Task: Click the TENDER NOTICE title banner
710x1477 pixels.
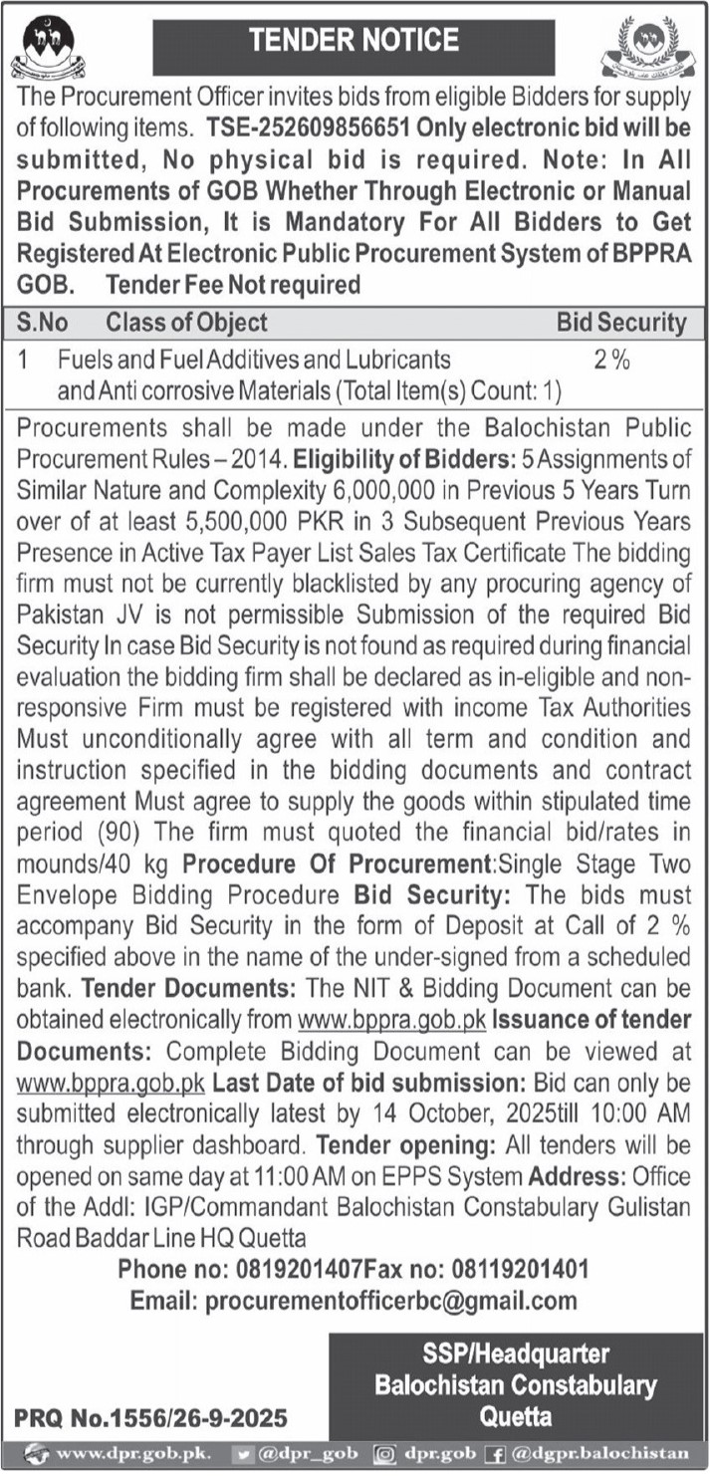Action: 354,41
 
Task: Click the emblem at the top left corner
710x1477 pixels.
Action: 47,48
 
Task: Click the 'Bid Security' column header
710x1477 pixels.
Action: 620,323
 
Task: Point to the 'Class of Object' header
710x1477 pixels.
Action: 186,323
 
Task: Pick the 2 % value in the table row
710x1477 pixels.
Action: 611,360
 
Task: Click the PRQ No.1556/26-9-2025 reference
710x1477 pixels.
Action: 150,1415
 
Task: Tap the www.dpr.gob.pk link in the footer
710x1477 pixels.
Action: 131,1452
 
